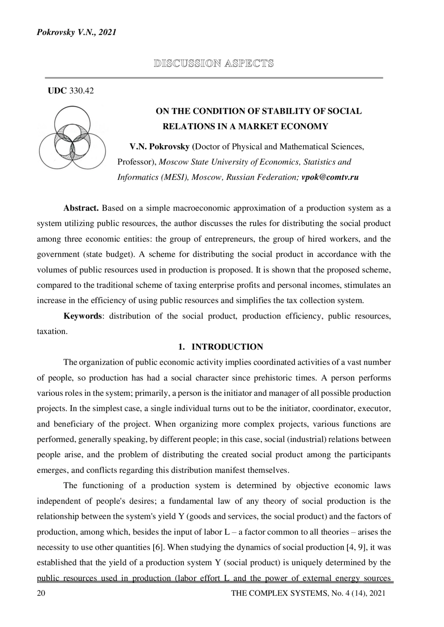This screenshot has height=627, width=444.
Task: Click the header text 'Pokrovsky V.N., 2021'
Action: pos(77,33)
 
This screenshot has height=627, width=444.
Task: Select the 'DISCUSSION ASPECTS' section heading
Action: pos(214,64)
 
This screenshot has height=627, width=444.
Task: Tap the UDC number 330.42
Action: pos(81,91)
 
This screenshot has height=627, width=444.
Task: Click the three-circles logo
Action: pos(72,138)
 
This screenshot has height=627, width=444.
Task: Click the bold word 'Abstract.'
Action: pos(81,208)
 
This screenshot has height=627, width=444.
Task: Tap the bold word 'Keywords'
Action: pos(83,316)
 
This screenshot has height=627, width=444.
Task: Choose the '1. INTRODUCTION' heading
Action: pos(221,347)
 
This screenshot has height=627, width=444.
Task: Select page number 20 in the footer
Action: pos(41,593)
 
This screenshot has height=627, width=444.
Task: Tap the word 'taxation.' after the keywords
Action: pos(52,331)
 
